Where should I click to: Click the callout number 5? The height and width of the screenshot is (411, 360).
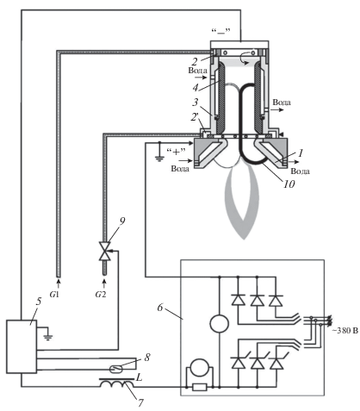point(39,302)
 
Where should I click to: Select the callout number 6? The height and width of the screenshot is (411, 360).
point(160,308)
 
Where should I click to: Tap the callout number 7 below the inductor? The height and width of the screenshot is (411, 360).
point(140,402)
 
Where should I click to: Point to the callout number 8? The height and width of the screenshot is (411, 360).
point(147,358)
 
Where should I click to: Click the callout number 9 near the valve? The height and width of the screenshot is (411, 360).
point(122,221)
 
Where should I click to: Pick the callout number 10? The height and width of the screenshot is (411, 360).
point(289,184)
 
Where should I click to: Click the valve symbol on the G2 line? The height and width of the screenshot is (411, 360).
point(105,252)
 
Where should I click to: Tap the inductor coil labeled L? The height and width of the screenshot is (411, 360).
point(117,383)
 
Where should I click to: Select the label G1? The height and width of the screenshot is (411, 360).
point(54,294)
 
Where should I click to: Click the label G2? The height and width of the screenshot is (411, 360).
point(101,294)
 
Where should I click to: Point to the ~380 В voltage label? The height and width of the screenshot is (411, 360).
point(345,331)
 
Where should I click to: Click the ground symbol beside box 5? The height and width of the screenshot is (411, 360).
point(48,336)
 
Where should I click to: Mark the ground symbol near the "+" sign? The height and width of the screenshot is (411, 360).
point(159,158)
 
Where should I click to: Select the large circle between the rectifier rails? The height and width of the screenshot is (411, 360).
point(220,324)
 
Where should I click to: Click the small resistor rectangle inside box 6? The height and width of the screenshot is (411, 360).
point(199,387)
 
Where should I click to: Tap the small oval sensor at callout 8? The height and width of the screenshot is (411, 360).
point(117,368)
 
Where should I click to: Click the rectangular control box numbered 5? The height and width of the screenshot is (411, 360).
point(22,346)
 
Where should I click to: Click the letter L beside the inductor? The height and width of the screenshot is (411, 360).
point(140,377)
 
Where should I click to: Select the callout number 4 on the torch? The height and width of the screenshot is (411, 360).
point(196,88)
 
